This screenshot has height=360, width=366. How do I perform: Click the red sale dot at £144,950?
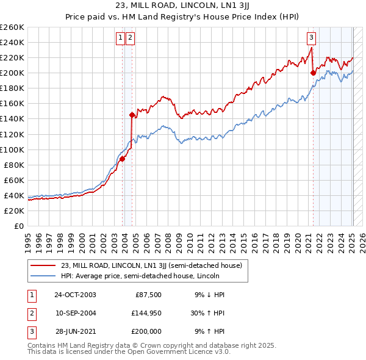(132, 114)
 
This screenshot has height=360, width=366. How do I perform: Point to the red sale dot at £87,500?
(122, 159)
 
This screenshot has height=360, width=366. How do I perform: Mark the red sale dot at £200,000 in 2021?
(314, 73)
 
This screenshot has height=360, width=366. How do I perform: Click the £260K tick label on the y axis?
(12, 27)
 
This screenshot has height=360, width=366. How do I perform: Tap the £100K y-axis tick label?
(12, 149)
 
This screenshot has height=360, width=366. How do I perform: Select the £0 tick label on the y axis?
(20, 226)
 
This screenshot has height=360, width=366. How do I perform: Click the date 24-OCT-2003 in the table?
(75, 295)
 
